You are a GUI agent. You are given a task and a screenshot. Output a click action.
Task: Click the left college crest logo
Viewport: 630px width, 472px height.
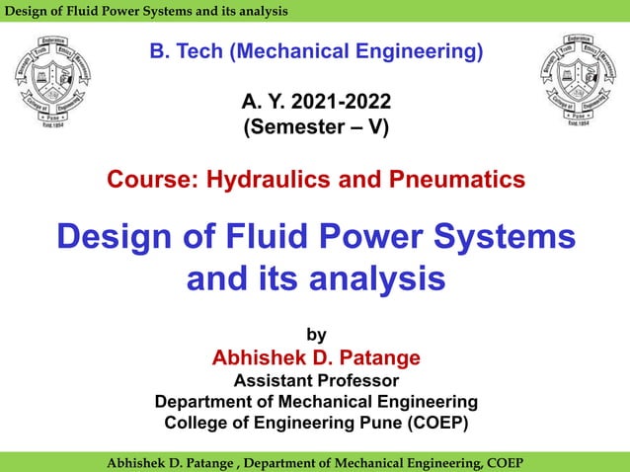point(61,82)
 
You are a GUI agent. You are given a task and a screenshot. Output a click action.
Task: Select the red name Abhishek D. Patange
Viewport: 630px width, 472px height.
point(316,357)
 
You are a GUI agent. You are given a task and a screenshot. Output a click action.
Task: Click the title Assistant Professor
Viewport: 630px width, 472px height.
point(316,380)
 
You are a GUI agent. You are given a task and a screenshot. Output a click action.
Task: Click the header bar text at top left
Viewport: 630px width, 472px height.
point(145,11)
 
